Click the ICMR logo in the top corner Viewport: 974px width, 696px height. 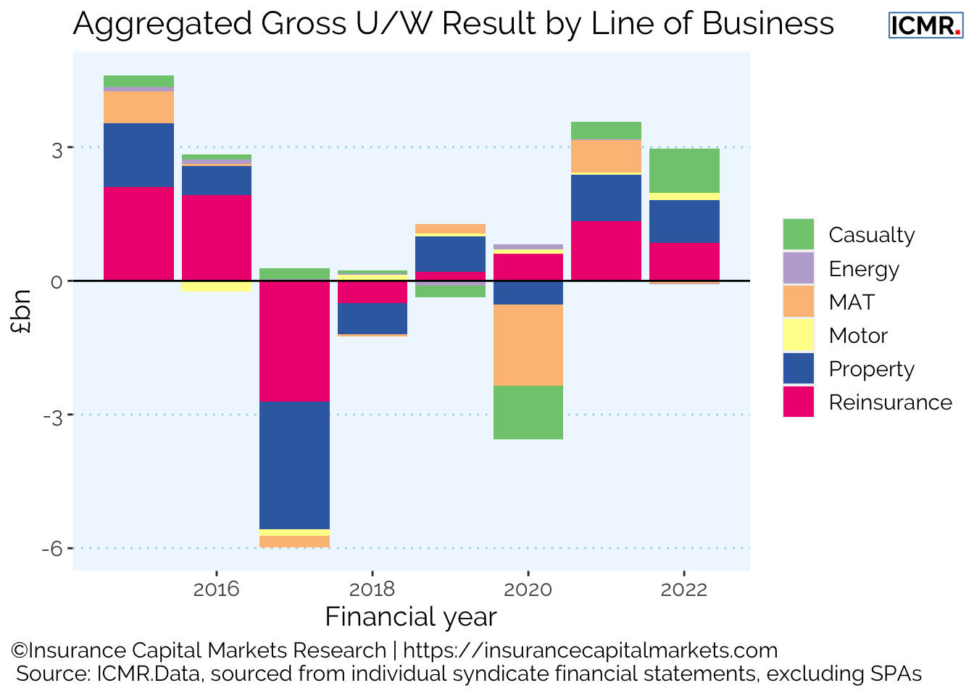(925, 25)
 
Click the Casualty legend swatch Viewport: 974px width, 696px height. (798, 235)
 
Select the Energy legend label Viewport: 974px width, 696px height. (864, 269)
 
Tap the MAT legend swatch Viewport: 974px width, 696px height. (798, 302)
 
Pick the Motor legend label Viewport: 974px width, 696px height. (858, 336)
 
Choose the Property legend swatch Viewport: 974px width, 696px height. (798, 369)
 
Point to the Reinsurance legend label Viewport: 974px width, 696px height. (890, 402)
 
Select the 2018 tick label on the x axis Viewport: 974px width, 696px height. (372, 589)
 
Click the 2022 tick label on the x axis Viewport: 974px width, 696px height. (683, 589)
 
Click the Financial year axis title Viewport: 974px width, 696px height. (411, 617)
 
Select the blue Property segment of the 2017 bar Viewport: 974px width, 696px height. (294, 465)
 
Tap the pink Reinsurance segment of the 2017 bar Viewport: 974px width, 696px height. (294, 341)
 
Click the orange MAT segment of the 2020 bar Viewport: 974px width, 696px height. (528, 345)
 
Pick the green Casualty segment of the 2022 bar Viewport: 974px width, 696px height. (683, 170)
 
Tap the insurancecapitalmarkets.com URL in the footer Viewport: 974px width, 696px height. (590, 650)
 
